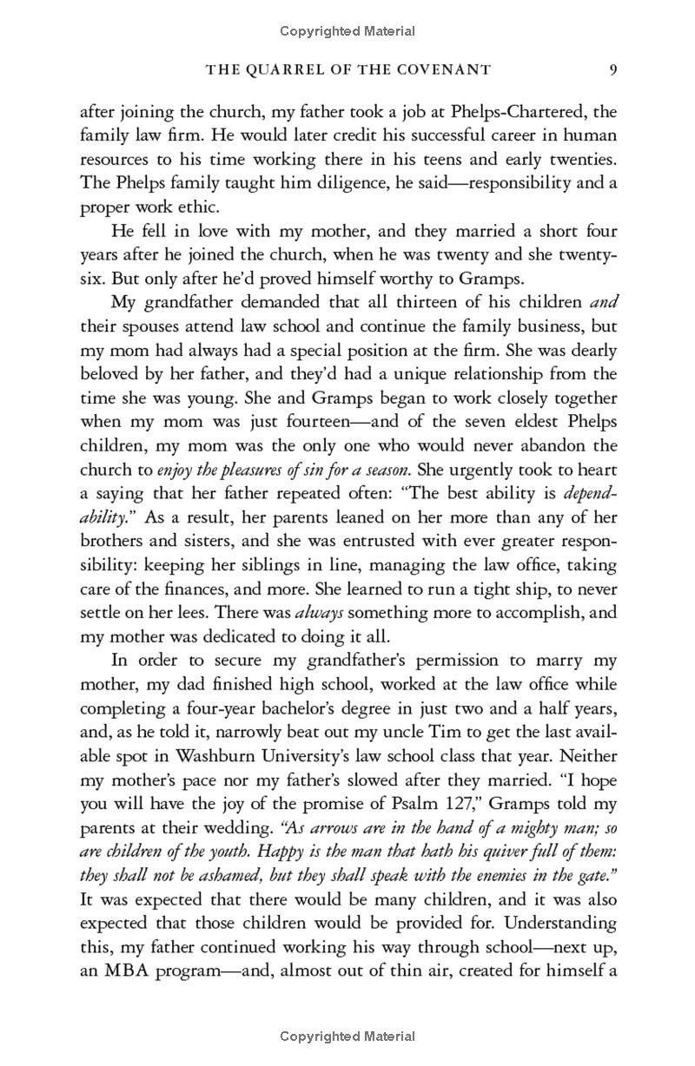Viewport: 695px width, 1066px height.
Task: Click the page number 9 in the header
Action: (612, 69)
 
